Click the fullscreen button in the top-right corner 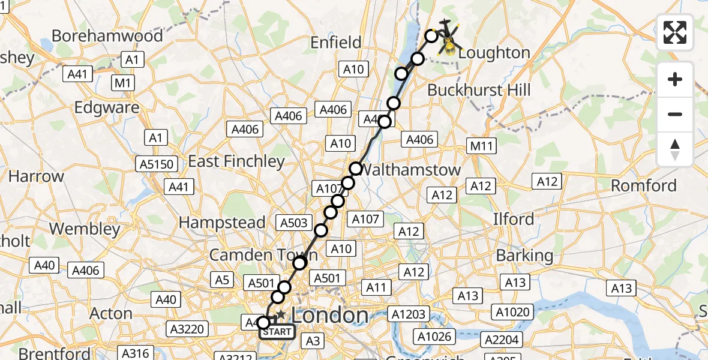click(x=675, y=32)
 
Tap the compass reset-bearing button click(x=675, y=149)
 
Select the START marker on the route click(x=277, y=332)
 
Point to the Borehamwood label click(x=107, y=36)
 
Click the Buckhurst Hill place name click(x=479, y=90)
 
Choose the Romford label click(x=643, y=185)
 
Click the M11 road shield click(x=482, y=146)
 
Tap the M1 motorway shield click(x=123, y=83)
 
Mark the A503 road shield click(x=294, y=223)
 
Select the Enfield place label click(x=335, y=43)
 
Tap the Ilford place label click(x=513, y=219)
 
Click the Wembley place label click(x=85, y=229)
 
